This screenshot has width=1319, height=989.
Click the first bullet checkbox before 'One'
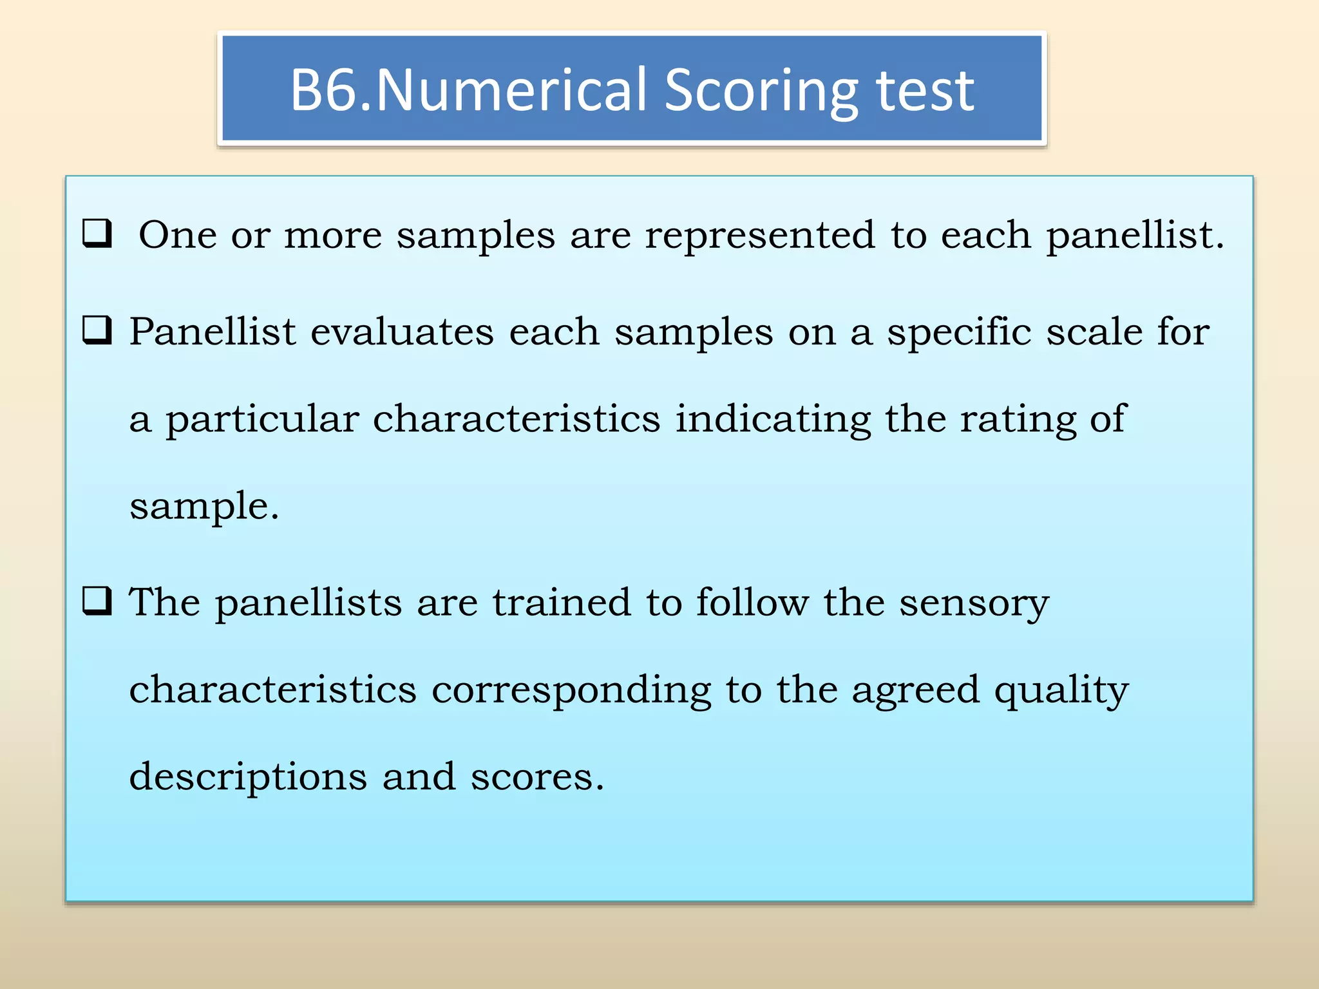coord(97,234)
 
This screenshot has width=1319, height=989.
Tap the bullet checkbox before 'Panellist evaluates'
coord(97,330)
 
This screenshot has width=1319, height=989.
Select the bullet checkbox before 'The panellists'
coord(97,601)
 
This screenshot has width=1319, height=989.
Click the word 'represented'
coord(760,236)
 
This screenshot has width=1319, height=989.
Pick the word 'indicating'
coord(772,420)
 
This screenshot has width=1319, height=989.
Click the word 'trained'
coord(562,603)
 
